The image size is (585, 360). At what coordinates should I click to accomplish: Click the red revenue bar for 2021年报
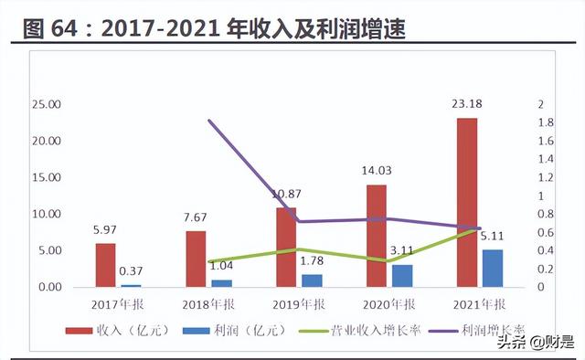[467, 202]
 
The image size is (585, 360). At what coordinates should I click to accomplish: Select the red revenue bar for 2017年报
[106, 265]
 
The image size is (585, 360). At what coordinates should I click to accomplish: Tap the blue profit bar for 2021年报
[493, 268]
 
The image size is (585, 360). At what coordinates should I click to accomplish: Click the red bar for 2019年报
[287, 248]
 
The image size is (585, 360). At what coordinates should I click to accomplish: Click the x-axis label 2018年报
[208, 302]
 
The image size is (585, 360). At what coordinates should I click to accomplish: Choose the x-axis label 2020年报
[388, 302]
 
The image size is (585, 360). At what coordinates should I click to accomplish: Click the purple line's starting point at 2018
[209, 121]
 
